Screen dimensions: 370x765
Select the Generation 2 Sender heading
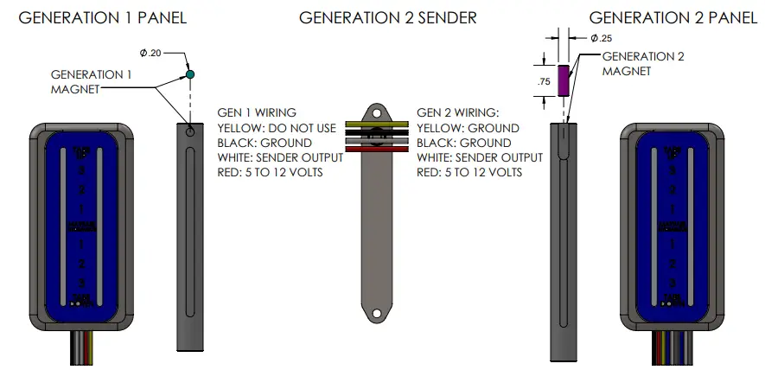point(386,17)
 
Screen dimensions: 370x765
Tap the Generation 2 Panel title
point(673,17)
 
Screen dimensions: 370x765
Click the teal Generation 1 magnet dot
point(190,76)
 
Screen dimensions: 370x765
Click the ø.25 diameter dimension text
point(601,38)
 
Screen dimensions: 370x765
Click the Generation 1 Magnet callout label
point(92,81)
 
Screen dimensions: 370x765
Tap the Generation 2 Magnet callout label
point(643,64)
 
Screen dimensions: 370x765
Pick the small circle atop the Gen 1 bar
point(190,134)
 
